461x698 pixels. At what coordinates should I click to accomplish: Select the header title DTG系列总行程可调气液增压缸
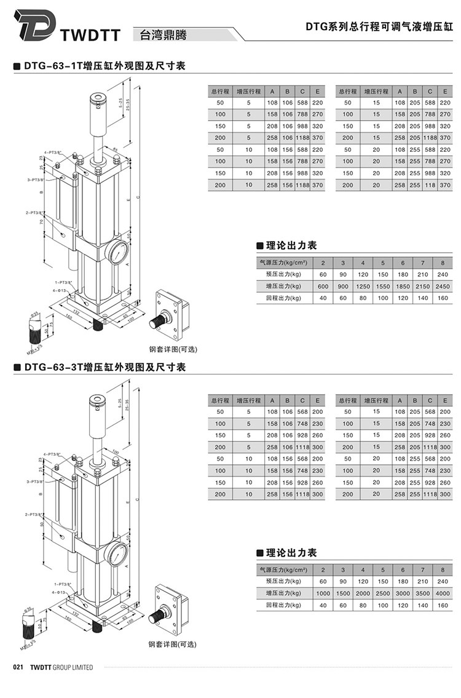pyautogui.click(x=379, y=27)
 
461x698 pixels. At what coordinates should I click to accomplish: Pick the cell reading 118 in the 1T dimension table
pyautogui.click(x=430, y=184)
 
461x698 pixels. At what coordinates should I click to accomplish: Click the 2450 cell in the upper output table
pyautogui.click(x=442, y=286)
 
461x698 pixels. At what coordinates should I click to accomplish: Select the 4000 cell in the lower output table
pyautogui.click(x=442, y=593)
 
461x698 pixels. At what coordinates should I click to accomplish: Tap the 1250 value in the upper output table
pyautogui.click(x=363, y=286)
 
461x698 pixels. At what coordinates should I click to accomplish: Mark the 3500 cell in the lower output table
pyautogui.click(x=422, y=593)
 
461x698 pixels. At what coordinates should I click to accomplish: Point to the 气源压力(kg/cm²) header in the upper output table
pyautogui.click(x=283, y=263)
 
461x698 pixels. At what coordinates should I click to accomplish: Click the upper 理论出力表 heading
pyautogui.click(x=291, y=245)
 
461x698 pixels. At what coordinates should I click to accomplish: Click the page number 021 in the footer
pyautogui.click(x=18, y=667)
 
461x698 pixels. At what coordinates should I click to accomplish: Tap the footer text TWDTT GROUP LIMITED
pyautogui.click(x=61, y=667)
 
